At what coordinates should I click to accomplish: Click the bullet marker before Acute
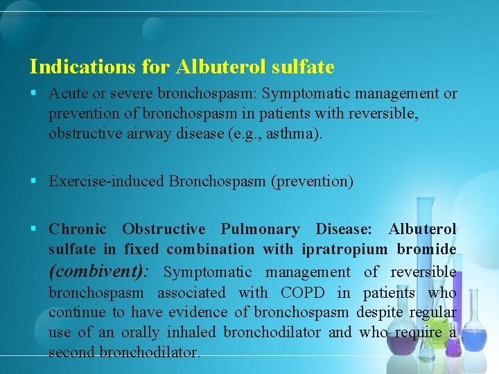point(34,93)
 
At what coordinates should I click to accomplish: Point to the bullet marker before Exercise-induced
point(34,181)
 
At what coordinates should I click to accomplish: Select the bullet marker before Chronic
point(34,229)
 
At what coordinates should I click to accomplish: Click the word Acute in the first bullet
point(67,93)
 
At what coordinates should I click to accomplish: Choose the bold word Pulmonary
point(260,229)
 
